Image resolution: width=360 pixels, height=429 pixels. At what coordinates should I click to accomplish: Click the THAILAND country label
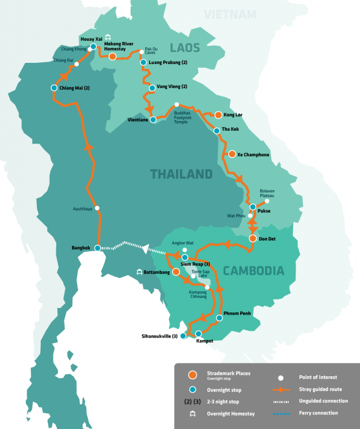tap(182, 173)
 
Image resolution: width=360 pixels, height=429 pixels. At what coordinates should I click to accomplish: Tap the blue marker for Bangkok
tap(98, 248)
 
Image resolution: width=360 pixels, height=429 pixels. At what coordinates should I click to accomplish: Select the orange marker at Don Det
tap(252, 238)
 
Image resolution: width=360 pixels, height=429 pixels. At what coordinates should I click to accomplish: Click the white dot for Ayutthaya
tap(97, 208)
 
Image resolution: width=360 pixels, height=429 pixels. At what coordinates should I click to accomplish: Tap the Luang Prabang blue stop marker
tap(143, 62)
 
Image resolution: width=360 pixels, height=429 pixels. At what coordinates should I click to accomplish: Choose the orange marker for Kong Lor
tap(218, 114)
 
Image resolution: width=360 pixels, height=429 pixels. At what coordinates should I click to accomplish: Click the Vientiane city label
tap(138, 120)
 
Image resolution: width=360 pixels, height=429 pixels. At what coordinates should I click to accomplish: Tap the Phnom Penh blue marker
tap(219, 318)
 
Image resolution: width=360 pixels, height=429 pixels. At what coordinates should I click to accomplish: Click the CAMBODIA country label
tap(253, 271)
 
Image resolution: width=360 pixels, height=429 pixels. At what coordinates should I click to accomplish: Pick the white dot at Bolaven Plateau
tap(266, 201)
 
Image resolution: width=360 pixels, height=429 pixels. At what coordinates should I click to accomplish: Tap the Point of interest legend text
tap(318, 377)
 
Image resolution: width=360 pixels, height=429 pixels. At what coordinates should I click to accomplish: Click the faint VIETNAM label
tap(230, 15)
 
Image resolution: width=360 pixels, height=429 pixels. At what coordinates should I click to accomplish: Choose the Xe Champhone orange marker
tap(232, 154)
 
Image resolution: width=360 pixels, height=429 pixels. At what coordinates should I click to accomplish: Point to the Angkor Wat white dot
tap(185, 250)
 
